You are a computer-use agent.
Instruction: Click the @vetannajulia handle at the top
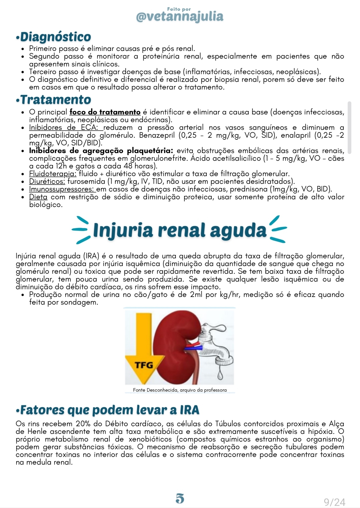click(180, 16)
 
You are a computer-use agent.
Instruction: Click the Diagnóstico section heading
click(55, 37)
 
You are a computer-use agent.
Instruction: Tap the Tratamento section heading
click(55, 100)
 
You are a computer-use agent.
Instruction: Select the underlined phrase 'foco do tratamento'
click(105, 112)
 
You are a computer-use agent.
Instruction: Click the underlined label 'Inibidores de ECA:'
click(63, 128)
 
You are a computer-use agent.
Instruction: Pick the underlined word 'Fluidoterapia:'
click(53, 174)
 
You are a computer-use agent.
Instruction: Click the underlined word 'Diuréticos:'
click(47, 181)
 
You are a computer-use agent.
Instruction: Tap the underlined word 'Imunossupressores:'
click(62, 189)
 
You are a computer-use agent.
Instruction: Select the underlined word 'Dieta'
click(38, 197)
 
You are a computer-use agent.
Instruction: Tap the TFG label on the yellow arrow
click(144, 365)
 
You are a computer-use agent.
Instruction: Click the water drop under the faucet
click(220, 375)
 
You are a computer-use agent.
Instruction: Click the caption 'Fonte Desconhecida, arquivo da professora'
click(180, 390)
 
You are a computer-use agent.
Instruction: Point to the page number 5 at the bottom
click(180, 498)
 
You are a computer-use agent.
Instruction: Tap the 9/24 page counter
click(334, 502)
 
